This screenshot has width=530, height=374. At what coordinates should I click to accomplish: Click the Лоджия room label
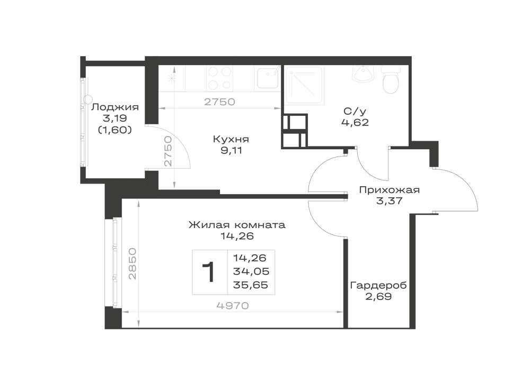115,107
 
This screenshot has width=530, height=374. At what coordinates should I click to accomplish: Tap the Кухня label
231,139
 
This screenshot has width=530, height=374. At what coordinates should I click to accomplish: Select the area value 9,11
231,150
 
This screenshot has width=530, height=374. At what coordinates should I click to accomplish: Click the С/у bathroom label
355,111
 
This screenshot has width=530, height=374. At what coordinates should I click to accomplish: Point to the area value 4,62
355,122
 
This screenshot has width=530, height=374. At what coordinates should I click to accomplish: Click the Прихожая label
389,190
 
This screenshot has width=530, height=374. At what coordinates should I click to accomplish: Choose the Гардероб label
378,286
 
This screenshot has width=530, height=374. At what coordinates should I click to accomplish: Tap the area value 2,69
378,297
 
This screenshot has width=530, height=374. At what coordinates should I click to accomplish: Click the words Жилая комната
237,225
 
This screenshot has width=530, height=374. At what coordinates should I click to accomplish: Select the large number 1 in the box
208,272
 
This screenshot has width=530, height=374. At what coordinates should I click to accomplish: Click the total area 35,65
251,285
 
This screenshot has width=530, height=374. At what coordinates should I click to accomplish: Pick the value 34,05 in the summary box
251,271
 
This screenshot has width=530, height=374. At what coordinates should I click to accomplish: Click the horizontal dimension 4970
233,306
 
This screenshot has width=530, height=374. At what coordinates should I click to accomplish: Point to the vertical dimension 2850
132,263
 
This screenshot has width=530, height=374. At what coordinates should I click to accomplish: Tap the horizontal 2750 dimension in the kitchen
219,102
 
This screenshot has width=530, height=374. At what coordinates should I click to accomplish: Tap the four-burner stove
220,78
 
